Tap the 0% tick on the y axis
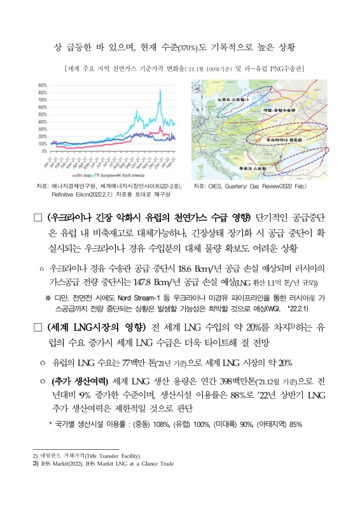[x=43, y=151]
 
